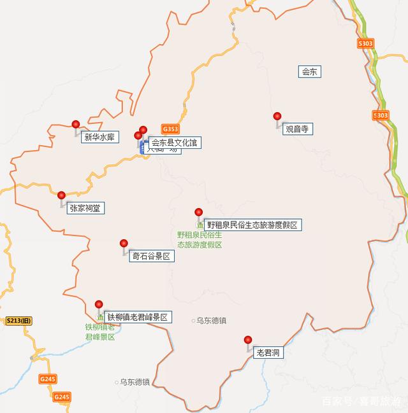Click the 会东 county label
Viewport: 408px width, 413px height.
309,72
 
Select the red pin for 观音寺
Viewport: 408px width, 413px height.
277,116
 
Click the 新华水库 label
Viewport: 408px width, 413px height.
99,136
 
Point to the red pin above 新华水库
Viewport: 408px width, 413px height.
76,124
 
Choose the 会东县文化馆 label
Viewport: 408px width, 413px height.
175,143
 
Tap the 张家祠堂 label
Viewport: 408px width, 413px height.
84,207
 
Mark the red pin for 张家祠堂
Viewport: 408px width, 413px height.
61,195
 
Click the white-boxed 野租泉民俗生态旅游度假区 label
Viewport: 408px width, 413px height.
251,225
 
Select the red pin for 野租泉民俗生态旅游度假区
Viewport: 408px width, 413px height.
198,212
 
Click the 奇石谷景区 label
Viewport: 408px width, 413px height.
151,256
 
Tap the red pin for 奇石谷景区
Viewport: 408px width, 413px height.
124,244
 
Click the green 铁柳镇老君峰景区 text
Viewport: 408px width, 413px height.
100,332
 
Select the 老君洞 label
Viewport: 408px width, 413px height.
268,352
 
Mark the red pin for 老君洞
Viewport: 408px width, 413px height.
248,340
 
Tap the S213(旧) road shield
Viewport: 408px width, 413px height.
18,321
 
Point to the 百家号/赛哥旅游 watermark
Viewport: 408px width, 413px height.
361,401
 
